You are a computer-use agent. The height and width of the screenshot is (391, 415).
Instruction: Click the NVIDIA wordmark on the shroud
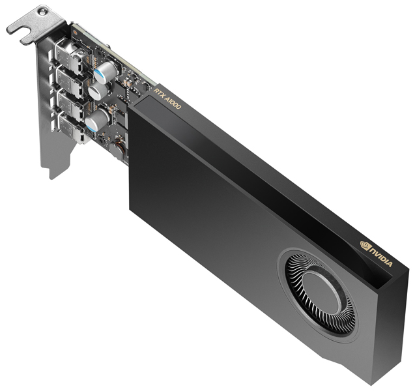point(382,255)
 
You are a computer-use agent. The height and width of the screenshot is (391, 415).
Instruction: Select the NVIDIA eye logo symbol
point(365,245)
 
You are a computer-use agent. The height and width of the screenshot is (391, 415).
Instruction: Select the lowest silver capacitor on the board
point(96,119)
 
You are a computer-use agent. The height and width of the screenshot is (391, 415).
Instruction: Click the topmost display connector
point(68,55)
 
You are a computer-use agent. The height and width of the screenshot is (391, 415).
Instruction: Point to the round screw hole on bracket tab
point(43,12)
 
